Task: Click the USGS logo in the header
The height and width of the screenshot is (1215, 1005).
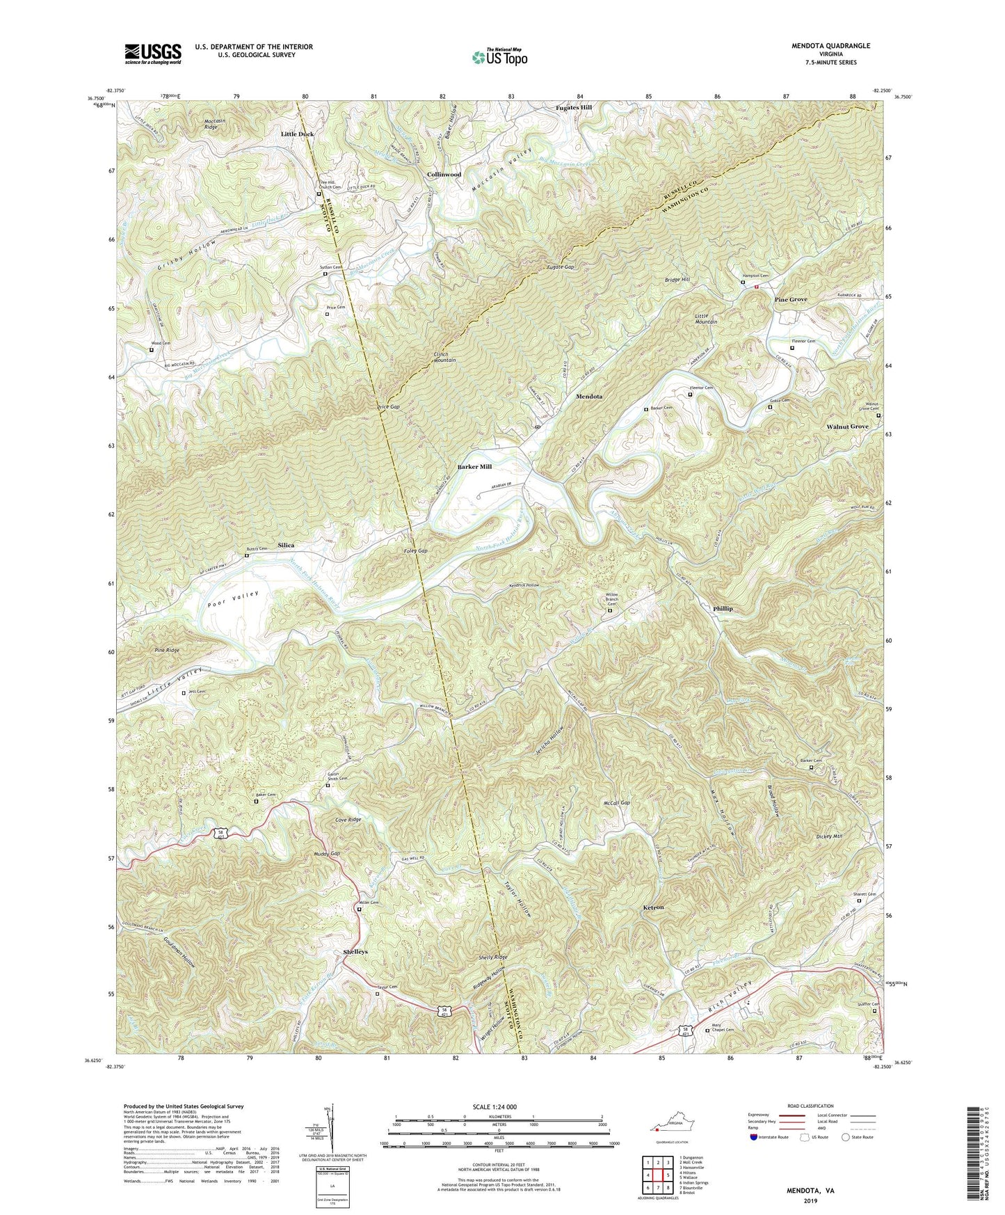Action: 153,54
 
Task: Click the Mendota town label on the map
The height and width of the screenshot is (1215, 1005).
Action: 589,396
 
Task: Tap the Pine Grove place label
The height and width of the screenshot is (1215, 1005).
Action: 791,299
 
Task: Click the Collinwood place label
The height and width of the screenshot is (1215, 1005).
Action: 444,175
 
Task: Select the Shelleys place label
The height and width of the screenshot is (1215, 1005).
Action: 355,951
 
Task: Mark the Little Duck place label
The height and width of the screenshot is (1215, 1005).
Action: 298,134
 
